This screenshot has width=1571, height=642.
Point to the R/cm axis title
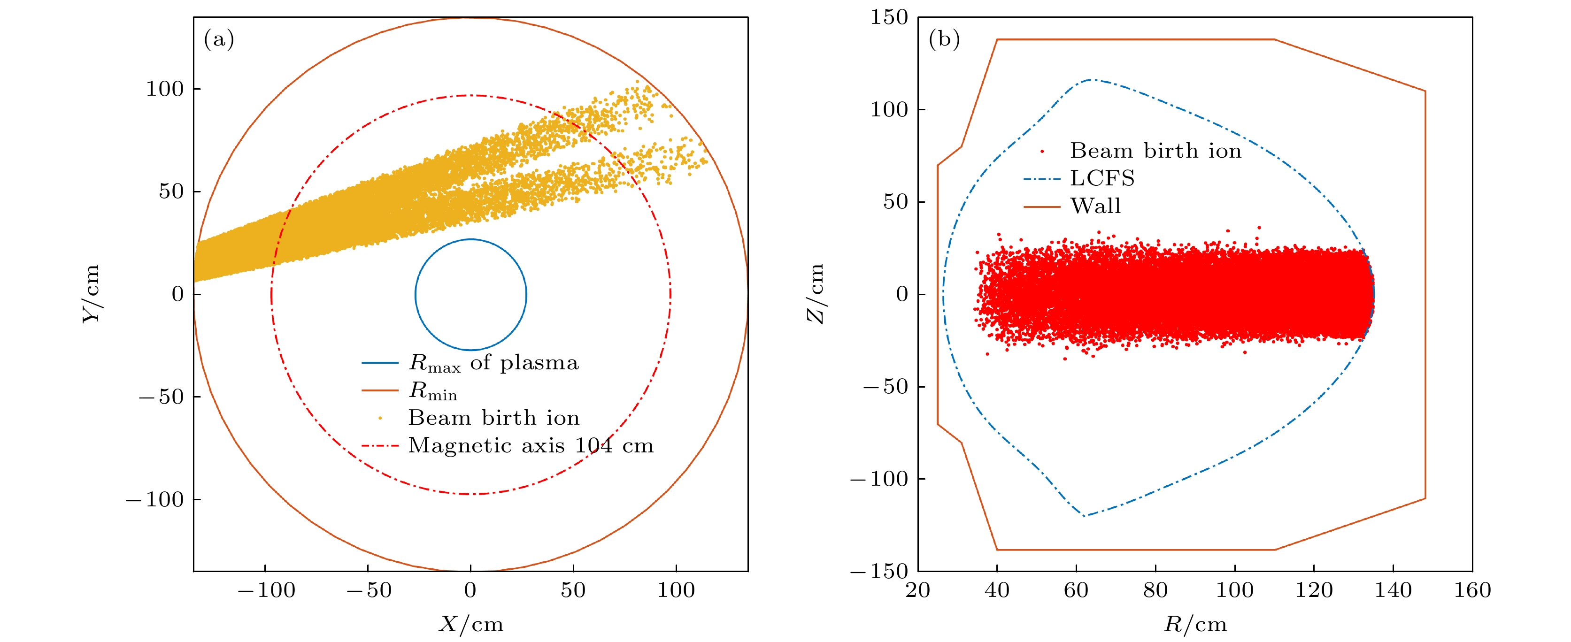pyautogui.click(x=1195, y=624)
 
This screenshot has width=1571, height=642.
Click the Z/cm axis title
pyautogui.click(x=816, y=294)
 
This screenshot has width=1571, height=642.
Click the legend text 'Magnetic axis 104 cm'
pyautogui.click(x=531, y=446)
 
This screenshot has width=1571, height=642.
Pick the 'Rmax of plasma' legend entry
pyautogui.click(x=493, y=363)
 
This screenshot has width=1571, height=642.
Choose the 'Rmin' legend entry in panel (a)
pyautogui.click(x=433, y=391)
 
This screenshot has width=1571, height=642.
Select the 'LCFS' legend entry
pyautogui.click(x=1102, y=179)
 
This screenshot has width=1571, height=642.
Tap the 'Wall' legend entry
pyautogui.click(x=1095, y=206)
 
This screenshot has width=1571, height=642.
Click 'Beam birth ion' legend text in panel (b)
pyautogui.click(x=1155, y=151)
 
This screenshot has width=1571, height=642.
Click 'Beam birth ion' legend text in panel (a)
pyautogui.click(x=493, y=418)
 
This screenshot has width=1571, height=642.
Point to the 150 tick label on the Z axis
pyautogui.click(x=889, y=18)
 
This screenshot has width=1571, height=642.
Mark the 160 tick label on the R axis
pyautogui.click(x=1472, y=590)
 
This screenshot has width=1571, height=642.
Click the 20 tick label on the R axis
pyautogui.click(x=918, y=590)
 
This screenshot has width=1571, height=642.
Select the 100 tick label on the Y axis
pyautogui.click(x=165, y=89)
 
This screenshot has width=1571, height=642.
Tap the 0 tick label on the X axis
pyautogui.click(x=470, y=590)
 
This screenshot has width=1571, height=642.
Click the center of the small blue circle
pyautogui.click(x=471, y=294)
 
